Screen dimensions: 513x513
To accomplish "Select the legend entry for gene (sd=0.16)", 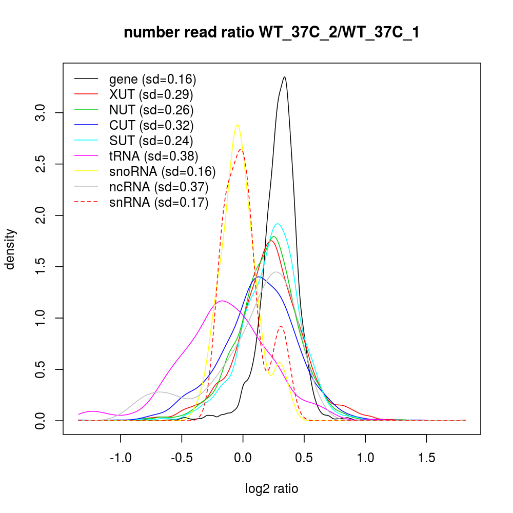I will click(152, 80).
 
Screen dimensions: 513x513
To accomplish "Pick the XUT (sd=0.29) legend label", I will click(151, 94).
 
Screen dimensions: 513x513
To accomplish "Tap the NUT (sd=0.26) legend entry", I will click(151, 110).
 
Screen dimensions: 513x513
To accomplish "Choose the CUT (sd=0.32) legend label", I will click(151, 125).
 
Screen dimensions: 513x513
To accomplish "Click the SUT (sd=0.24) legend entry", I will click(151, 141).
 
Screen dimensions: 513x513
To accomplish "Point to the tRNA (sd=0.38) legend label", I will click(153, 156).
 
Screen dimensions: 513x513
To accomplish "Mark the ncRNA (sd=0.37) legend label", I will click(159, 187).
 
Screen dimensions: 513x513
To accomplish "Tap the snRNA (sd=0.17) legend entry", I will click(159, 203).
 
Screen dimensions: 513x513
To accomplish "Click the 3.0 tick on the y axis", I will click(43, 113).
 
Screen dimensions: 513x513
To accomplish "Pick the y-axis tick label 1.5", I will click(43, 267).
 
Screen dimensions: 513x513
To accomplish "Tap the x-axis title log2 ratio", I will click(272, 489).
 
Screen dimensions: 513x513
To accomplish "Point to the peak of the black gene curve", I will click(284, 77).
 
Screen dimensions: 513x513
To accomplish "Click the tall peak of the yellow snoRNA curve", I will click(236, 125).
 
